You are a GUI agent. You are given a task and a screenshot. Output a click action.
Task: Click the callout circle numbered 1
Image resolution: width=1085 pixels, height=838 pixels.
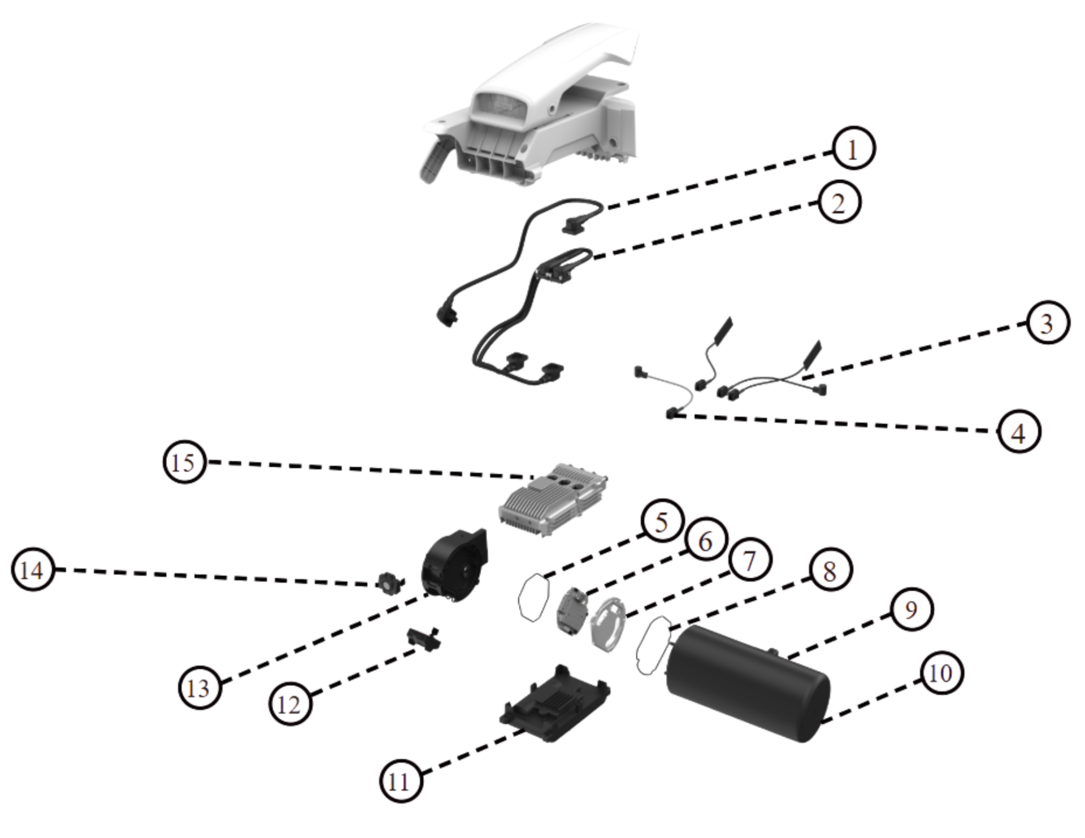(x=853, y=149)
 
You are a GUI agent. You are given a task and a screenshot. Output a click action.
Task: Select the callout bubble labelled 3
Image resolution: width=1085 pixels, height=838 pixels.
(x=1047, y=323)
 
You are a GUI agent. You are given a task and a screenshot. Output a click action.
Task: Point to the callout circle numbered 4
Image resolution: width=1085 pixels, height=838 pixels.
(x=1018, y=432)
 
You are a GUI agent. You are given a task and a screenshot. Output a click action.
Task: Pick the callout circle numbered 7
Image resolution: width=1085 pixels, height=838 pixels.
(x=750, y=561)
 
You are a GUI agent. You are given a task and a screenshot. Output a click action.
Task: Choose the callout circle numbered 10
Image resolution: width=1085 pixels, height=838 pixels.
(x=940, y=672)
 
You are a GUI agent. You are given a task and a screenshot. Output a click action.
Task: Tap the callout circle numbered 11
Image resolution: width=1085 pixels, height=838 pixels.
(x=400, y=781)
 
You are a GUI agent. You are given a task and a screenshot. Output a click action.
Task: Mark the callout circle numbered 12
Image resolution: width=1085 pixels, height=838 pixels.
(x=290, y=704)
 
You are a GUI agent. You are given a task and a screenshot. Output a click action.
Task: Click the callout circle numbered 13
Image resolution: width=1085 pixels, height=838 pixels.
(x=199, y=688)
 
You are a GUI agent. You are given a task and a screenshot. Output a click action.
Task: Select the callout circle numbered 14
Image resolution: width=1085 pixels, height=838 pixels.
(x=32, y=570)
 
